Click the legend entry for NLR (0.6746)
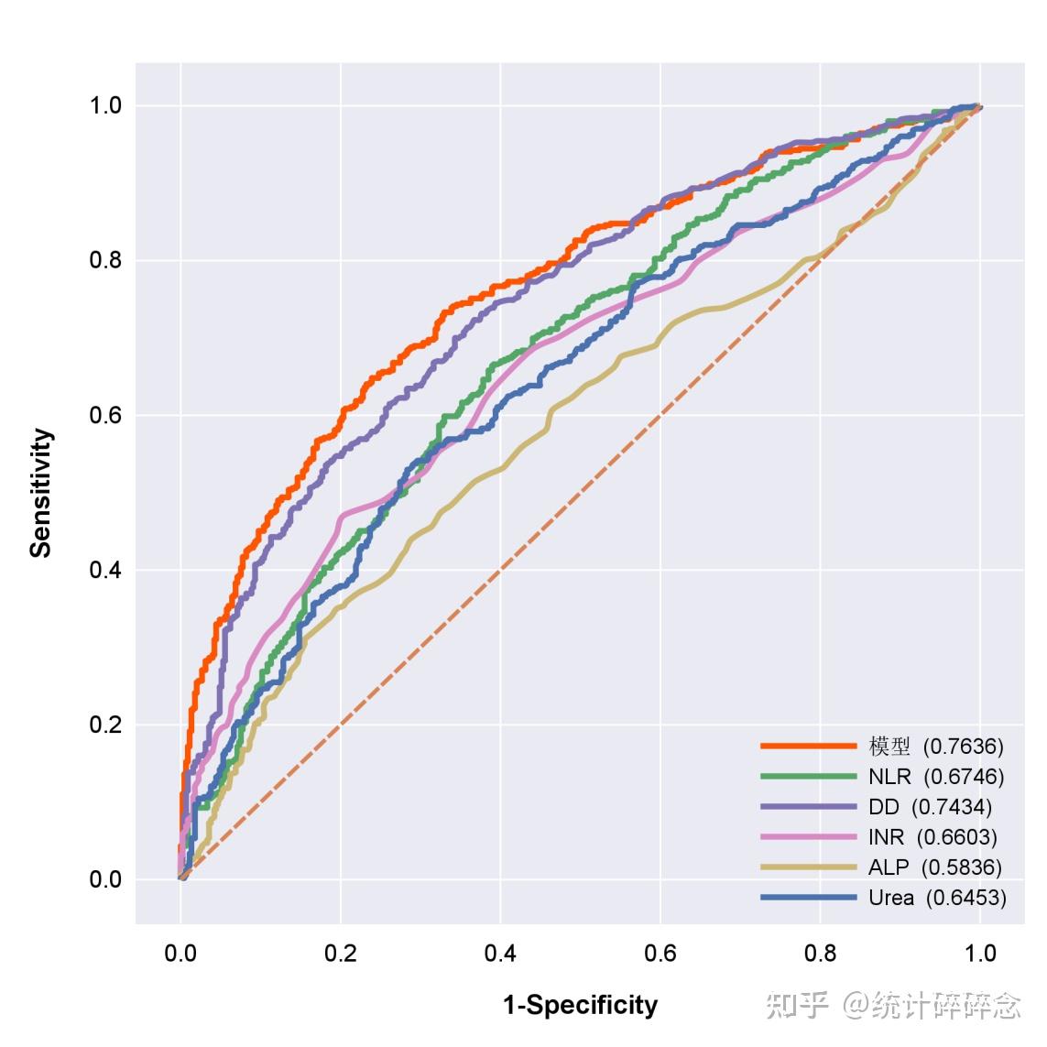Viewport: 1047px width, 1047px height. click(x=935, y=777)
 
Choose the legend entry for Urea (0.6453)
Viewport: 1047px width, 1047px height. click(x=936, y=898)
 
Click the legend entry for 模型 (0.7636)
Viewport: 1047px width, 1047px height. click(x=935, y=747)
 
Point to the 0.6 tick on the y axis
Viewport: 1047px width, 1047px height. click(x=105, y=415)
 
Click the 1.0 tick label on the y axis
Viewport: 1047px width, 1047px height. click(x=105, y=105)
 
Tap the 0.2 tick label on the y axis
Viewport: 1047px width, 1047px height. click(x=105, y=725)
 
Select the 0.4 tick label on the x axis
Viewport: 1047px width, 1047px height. click(x=500, y=954)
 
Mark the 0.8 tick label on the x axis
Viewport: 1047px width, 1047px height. click(x=820, y=954)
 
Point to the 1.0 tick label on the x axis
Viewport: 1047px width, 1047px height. click(x=980, y=954)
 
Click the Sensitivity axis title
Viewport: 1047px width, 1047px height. click(x=41, y=493)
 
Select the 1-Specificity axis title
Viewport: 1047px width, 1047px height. click(x=580, y=1006)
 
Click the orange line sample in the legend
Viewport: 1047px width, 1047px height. click(x=808, y=747)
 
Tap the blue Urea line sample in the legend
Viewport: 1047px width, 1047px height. click(x=808, y=898)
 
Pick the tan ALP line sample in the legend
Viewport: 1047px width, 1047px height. click(x=808, y=867)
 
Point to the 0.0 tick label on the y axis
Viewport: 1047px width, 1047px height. click(x=105, y=879)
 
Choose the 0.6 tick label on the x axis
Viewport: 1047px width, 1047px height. click(x=660, y=954)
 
